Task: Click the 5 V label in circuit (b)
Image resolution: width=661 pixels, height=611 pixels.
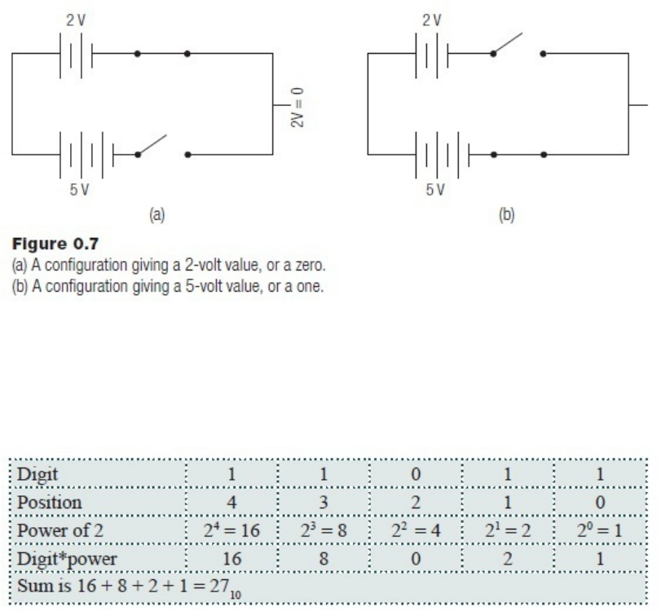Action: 434,191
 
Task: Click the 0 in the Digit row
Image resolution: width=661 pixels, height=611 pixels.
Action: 416,474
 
